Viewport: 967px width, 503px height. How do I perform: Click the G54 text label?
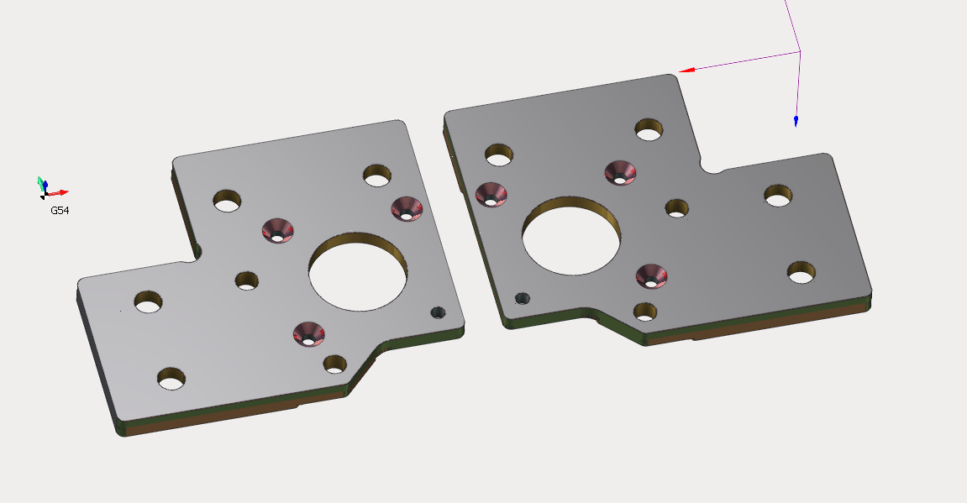pos(60,211)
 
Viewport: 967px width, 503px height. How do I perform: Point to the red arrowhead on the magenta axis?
pos(686,71)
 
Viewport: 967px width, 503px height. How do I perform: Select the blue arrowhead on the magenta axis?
pos(796,122)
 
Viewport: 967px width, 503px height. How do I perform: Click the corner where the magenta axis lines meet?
pos(799,52)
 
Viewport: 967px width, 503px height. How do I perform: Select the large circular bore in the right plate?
pos(571,236)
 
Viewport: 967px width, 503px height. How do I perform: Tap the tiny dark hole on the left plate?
pos(438,312)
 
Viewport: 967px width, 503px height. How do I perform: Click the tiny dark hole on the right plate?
pos(522,298)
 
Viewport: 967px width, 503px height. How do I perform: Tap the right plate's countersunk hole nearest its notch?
pos(620,172)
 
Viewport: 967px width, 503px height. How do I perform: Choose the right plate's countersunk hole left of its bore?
pos(491,193)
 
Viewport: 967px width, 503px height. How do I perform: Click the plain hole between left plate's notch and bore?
pos(246,280)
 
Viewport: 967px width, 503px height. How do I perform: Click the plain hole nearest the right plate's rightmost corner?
pos(801,272)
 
